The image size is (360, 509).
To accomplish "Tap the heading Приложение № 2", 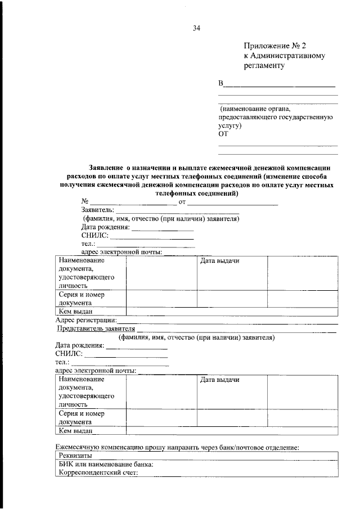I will click(276, 46).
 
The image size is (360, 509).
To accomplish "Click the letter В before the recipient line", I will click(221, 84).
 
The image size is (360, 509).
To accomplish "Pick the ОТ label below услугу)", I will click(224, 135).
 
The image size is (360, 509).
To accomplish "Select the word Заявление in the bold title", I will click(106, 168).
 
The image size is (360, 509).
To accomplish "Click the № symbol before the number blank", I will click(85, 201).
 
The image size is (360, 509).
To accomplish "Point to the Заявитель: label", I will click(98, 210).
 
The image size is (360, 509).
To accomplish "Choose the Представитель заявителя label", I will click(97, 328).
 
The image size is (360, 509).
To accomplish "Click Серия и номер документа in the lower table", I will click(82, 417).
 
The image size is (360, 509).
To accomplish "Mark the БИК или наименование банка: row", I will click(106, 465).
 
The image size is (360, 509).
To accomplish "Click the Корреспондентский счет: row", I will click(98, 474).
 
